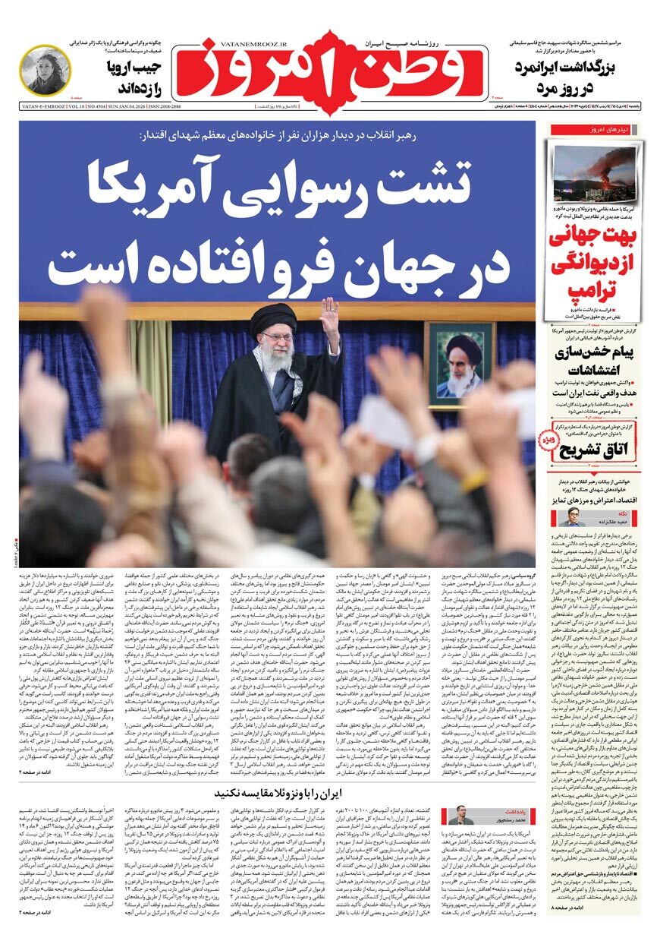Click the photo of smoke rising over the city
click(x=595, y=175)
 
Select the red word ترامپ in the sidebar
click(x=596, y=289)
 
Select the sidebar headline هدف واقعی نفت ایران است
click(x=596, y=393)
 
